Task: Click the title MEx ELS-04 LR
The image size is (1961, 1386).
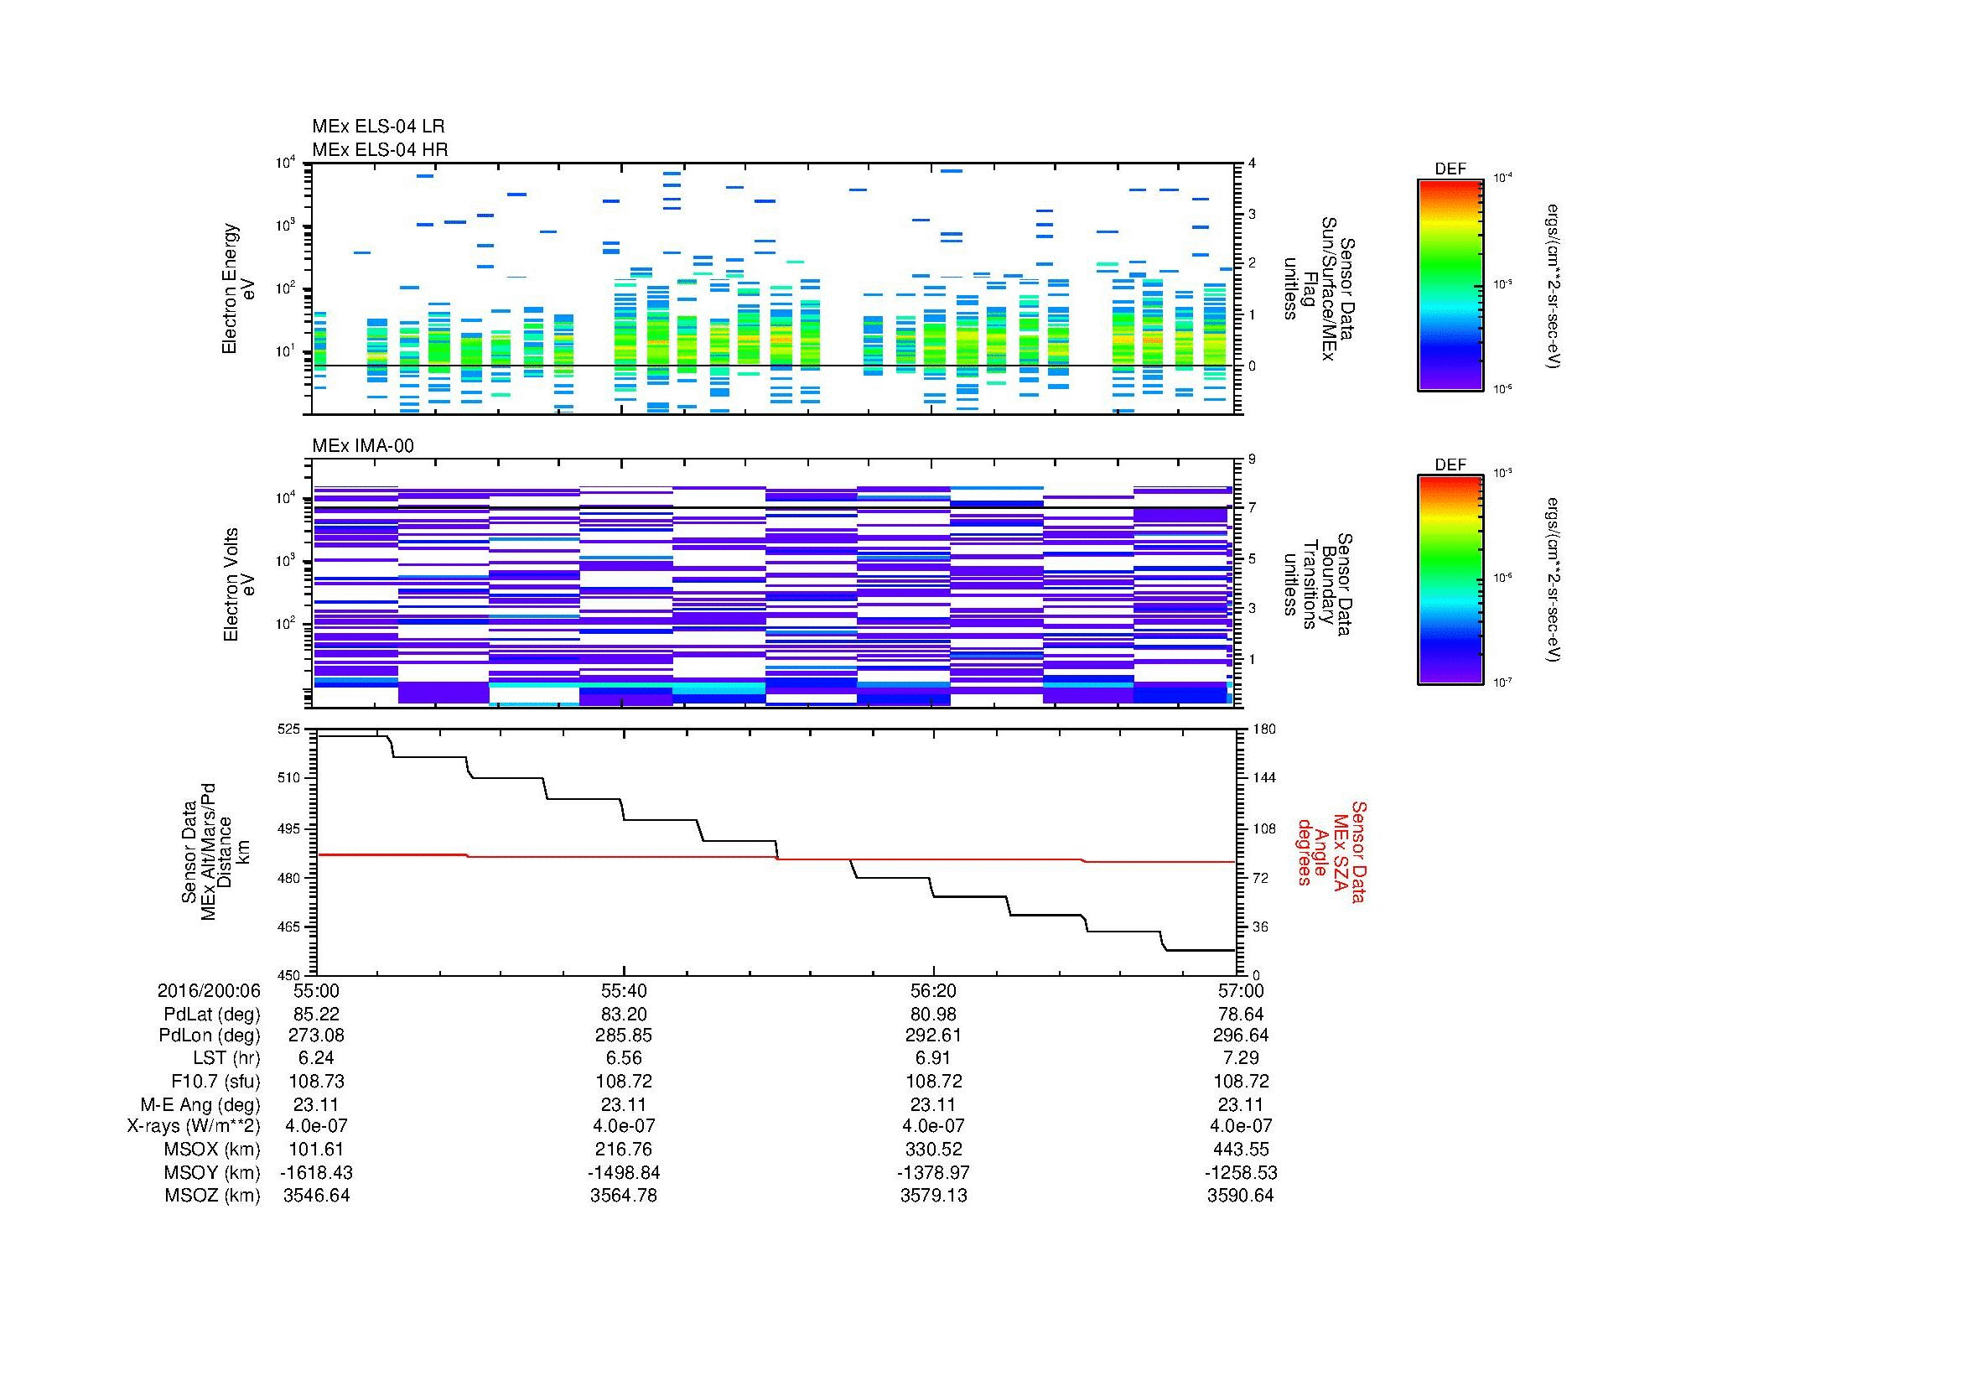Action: click(378, 127)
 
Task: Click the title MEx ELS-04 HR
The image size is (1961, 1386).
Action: click(380, 149)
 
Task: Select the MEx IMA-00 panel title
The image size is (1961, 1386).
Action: click(363, 446)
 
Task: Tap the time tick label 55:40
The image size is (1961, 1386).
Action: click(625, 990)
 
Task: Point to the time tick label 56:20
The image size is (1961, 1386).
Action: click(933, 990)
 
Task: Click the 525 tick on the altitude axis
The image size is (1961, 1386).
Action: click(289, 729)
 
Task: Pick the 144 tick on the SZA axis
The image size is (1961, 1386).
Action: click(1263, 778)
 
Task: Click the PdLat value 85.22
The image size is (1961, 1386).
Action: click(316, 1015)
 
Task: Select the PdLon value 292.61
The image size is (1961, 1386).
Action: click(933, 1035)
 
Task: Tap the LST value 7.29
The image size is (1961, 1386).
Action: click(1241, 1058)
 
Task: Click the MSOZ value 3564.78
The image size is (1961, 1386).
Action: click(625, 1196)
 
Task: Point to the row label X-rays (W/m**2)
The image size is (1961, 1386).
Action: click(194, 1126)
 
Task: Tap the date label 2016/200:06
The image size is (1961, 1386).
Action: click(209, 990)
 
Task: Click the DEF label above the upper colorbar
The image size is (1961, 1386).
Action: click(1450, 169)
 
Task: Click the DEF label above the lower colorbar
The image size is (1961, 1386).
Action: click(1450, 465)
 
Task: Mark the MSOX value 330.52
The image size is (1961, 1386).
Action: click(933, 1150)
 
